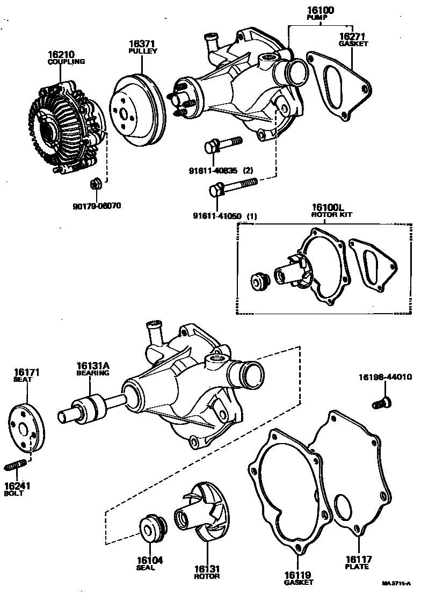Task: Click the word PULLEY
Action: [142, 50]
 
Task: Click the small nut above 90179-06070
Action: [96, 185]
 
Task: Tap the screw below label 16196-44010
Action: [380, 401]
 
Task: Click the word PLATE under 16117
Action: [357, 567]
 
